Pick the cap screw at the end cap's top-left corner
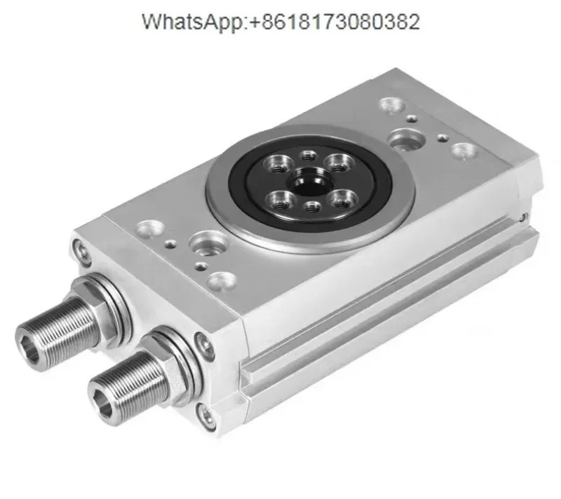point(81,250)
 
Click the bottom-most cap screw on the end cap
point(208,416)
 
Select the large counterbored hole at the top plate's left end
point(208,243)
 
